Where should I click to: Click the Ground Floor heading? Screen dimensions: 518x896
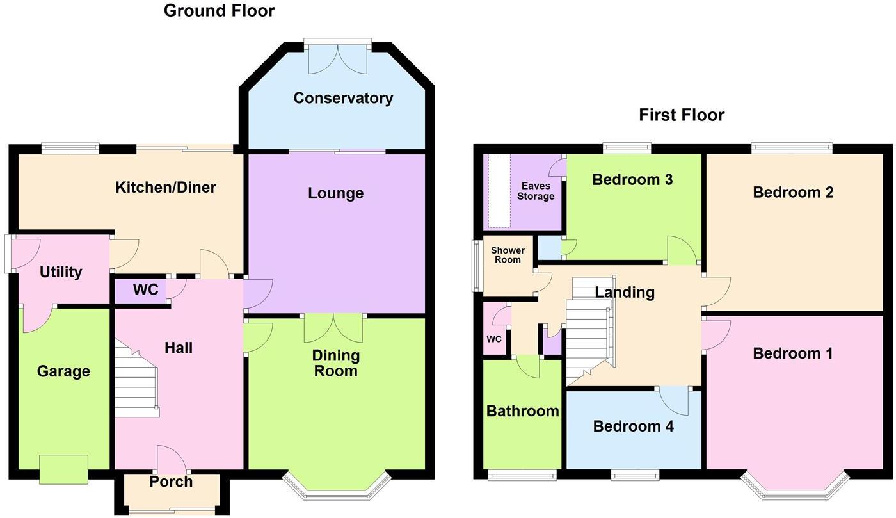point(219,11)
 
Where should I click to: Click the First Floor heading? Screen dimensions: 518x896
point(682,115)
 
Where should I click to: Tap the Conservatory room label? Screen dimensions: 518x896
point(343,98)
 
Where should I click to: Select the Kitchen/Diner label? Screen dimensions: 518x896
point(165,188)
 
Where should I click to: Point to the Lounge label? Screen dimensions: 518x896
point(335,193)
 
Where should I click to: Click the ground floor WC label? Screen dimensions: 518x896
point(145,290)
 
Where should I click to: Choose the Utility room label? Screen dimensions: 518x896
point(61,272)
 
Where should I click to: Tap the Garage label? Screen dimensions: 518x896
point(63,371)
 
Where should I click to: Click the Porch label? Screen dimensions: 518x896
point(171,482)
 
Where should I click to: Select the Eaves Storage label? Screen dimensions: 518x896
point(536,191)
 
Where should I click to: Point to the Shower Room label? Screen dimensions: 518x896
point(508,255)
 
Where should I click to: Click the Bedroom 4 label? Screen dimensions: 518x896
point(633,426)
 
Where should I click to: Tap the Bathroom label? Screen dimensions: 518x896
point(523,411)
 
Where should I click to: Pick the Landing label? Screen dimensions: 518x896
point(625,293)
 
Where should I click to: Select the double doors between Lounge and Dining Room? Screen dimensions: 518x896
point(333,327)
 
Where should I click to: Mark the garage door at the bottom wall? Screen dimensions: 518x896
point(63,469)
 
